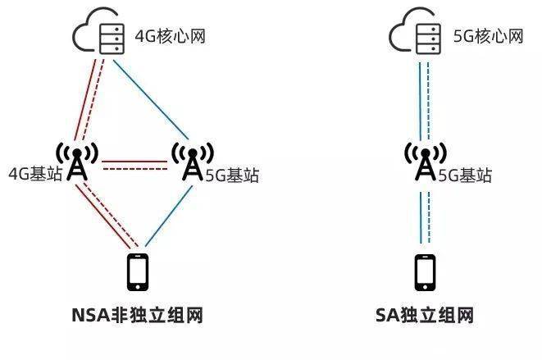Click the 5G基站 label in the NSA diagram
(x=232, y=174)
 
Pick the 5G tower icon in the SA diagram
(x=425, y=162)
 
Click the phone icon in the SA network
(x=424, y=272)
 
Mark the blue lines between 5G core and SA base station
(x=425, y=98)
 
